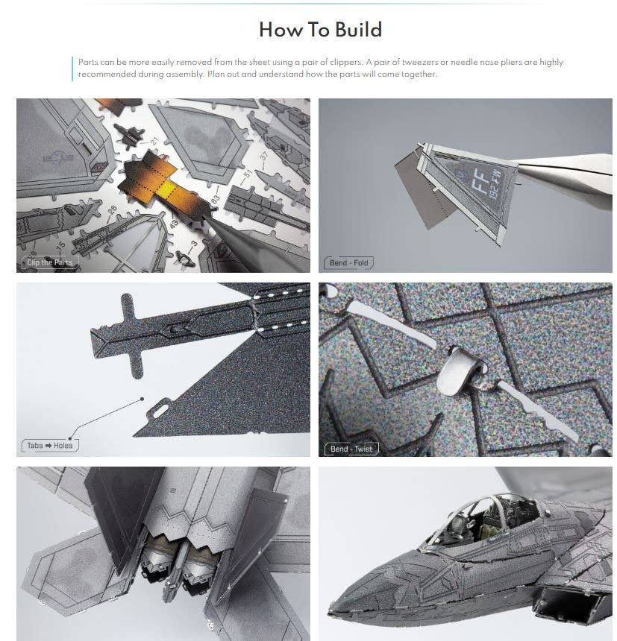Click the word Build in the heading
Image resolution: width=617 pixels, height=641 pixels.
(x=358, y=30)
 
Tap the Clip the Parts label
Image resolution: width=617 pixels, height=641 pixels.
(x=49, y=262)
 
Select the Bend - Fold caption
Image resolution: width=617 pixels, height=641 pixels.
(x=349, y=263)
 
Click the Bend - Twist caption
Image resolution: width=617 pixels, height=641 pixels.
(x=351, y=449)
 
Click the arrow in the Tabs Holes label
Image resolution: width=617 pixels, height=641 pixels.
(x=48, y=446)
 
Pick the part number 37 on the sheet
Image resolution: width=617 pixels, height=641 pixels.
(x=264, y=156)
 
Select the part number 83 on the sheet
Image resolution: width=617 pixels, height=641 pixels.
(x=215, y=200)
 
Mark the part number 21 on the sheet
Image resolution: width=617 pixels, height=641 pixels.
(x=154, y=142)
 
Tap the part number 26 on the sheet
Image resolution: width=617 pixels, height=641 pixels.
(x=112, y=210)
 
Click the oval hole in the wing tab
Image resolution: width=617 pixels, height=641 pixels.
(x=161, y=411)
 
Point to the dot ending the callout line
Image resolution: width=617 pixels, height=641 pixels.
(x=142, y=399)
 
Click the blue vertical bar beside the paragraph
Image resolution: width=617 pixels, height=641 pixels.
(x=72, y=69)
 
